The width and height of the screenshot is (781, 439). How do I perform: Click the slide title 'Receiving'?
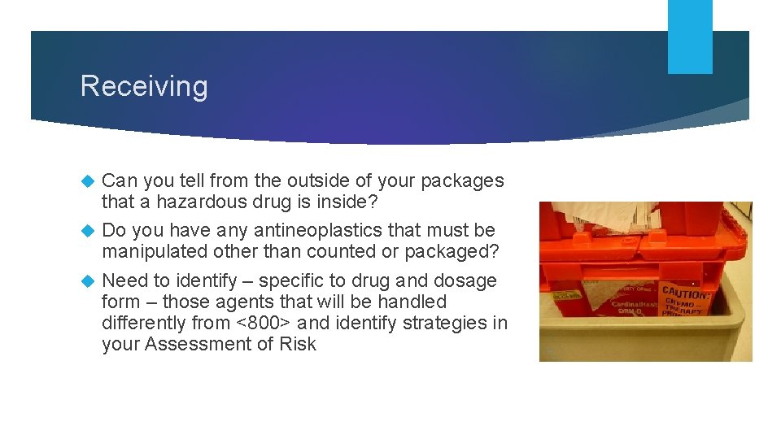pyautogui.click(x=144, y=86)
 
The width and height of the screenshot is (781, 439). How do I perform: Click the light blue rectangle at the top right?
pyautogui.click(x=690, y=36)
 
